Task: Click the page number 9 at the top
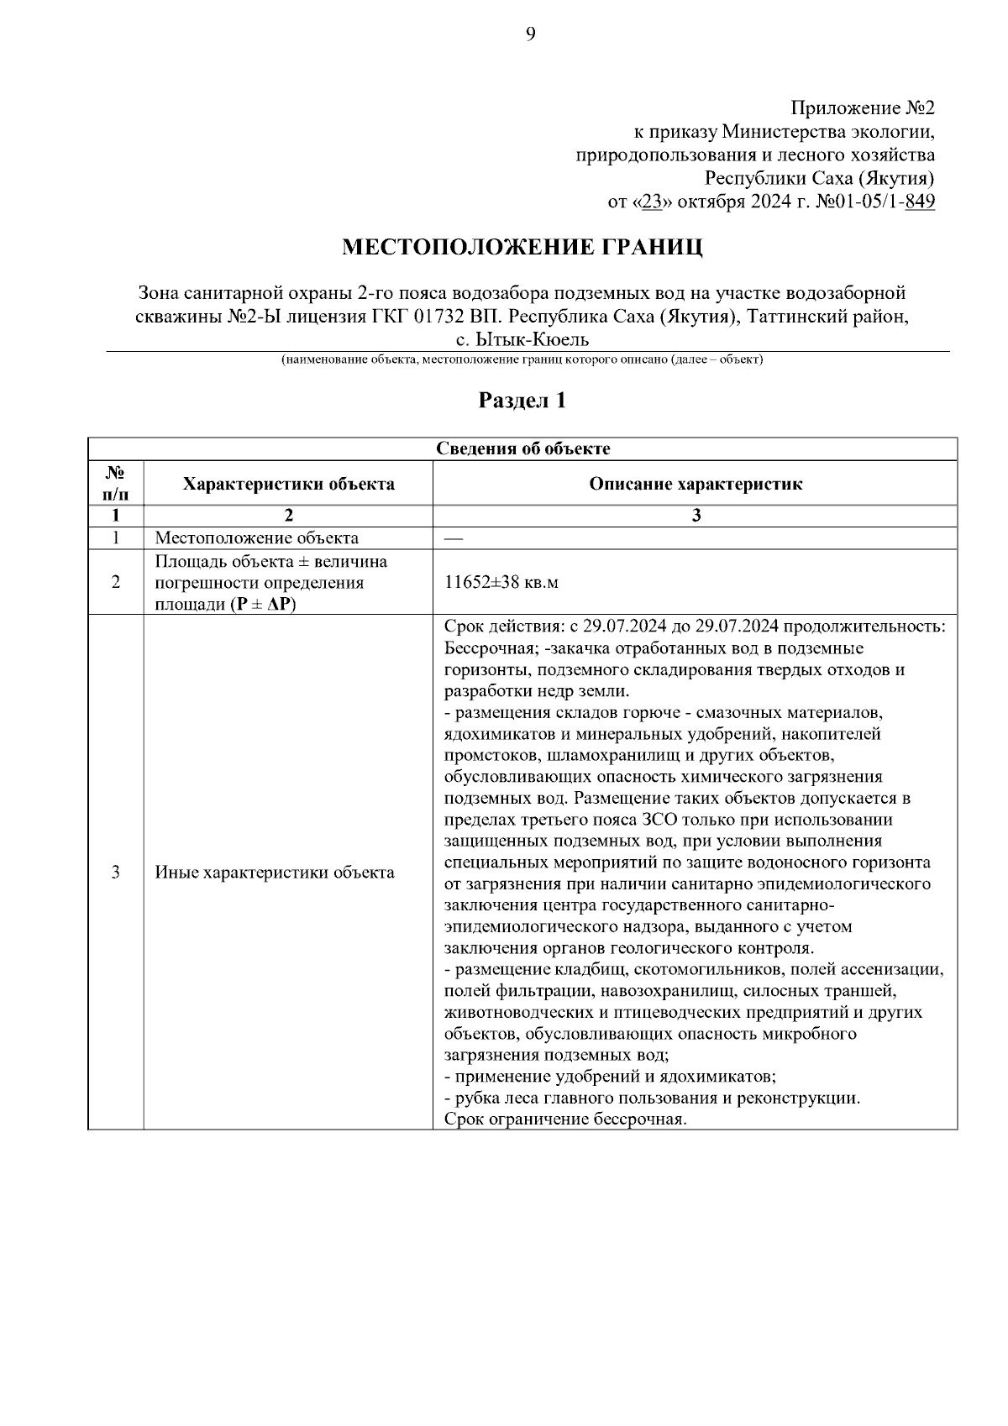(530, 34)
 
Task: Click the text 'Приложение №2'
(863, 109)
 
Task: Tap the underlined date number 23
(652, 202)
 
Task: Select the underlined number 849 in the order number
(921, 202)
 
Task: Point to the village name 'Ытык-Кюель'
(529, 339)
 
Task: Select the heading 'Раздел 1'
(522, 401)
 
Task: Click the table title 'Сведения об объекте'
(522, 448)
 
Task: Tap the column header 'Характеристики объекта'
(288, 484)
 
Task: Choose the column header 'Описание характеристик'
(695, 484)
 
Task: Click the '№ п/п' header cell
(115, 484)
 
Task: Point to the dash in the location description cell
(453, 538)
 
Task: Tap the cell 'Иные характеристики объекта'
(275, 873)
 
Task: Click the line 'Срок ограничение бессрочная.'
(565, 1119)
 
